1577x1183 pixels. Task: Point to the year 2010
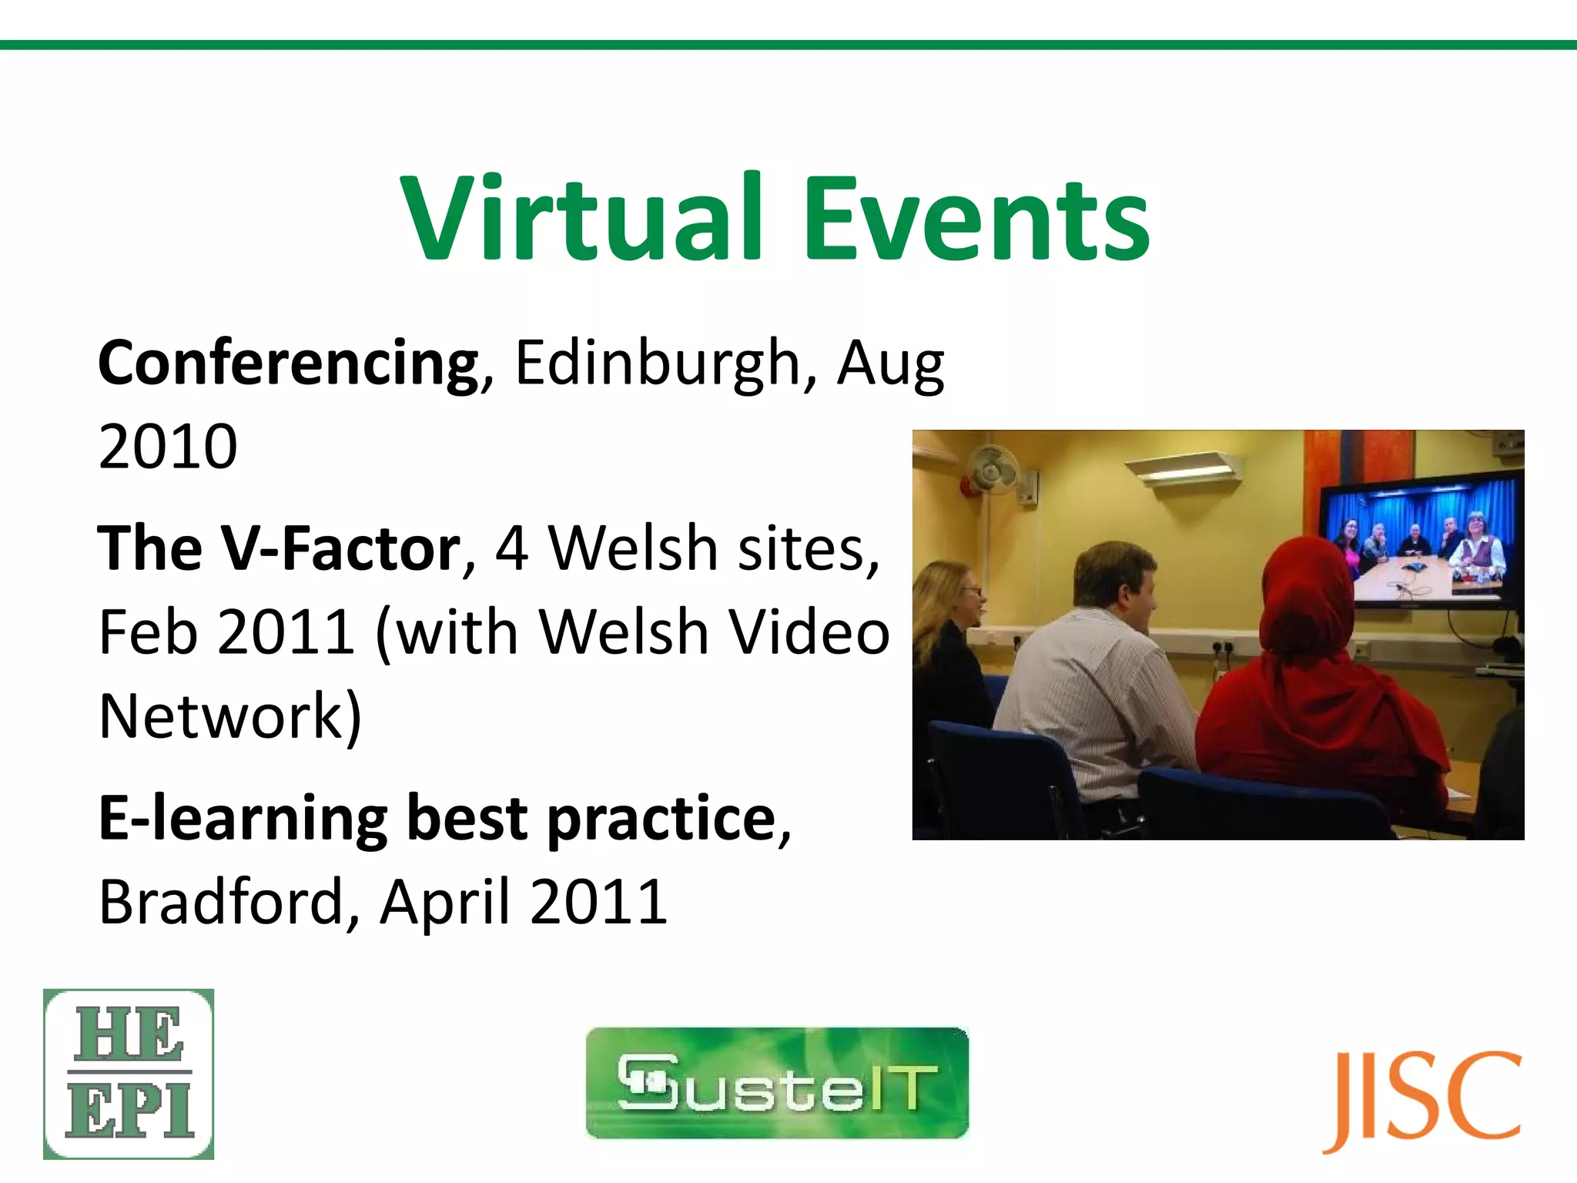tap(168, 447)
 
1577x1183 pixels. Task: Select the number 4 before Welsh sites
tap(512, 548)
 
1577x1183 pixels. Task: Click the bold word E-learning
tap(243, 818)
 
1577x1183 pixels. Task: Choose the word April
tap(445, 903)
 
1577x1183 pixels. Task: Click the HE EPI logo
tap(129, 1074)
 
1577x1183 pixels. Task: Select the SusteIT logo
tap(777, 1083)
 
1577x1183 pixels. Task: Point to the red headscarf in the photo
tap(1309, 608)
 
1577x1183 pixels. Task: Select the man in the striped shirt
tap(1093, 678)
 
